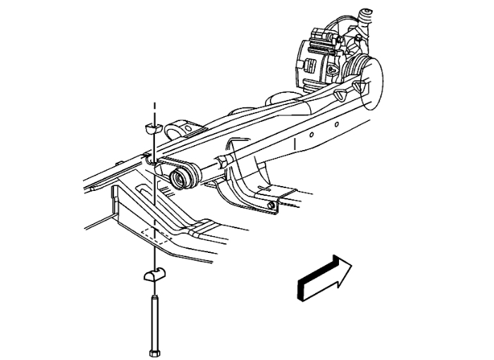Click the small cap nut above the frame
pos(152,128)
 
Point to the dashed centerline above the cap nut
pos(153,109)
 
